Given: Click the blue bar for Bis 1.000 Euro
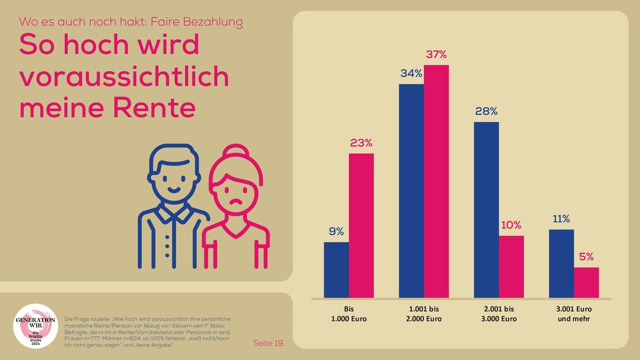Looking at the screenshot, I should [x=336, y=270].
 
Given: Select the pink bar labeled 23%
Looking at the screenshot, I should [x=361, y=225].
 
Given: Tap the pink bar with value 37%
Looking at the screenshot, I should [x=436, y=181].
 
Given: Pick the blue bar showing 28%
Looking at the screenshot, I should [x=486, y=210].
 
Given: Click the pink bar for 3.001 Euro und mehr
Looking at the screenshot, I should [x=586, y=283].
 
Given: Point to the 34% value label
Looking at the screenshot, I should [x=411, y=73].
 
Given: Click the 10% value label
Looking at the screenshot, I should [x=511, y=225].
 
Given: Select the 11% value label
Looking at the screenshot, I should [x=561, y=219].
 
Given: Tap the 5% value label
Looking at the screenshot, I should [x=586, y=257].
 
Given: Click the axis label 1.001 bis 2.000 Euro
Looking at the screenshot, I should [x=424, y=314].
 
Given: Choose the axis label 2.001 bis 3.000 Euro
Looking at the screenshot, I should [x=499, y=314].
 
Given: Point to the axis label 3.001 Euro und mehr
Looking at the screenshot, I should [x=574, y=314].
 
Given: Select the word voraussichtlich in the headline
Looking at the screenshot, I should [x=124, y=76].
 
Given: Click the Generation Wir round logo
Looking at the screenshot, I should [x=36, y=326].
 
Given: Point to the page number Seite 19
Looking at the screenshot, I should [x=268, y=343].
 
